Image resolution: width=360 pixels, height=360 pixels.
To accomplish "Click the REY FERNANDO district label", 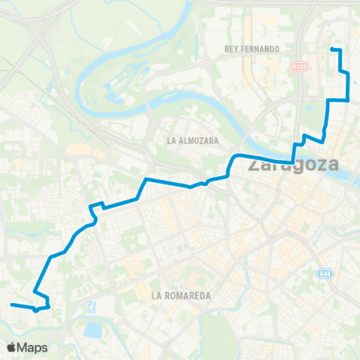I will click(x=252, y=49).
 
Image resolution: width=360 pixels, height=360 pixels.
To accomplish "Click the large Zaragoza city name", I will click(x=292, y=165).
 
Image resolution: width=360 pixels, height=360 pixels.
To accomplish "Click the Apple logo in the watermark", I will click(x=12, y=347).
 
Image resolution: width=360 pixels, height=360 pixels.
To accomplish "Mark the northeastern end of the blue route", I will click(x=332, y=49).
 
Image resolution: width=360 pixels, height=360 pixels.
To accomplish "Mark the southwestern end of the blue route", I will click(x=11, y=304).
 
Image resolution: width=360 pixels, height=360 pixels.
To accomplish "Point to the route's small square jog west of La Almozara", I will click(x=95, y=206).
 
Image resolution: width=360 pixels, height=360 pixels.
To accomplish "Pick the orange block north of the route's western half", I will click(x=79, y=150).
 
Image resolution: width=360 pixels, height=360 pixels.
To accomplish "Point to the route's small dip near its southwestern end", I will click(x=36, y=308).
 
